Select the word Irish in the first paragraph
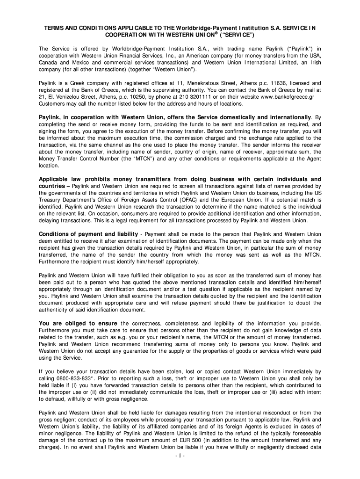pos(313,62)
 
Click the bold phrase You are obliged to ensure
pos(78,324)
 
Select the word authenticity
pos(55,310)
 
